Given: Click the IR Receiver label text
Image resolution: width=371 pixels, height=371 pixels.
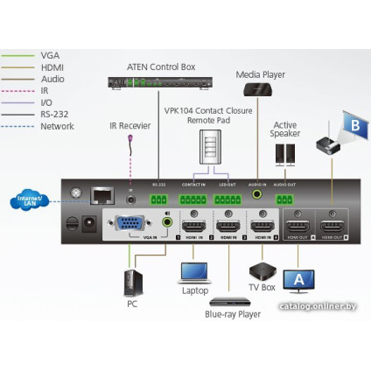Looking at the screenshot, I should (x=130, y=126).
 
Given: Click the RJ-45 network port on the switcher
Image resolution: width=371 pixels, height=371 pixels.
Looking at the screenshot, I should (x=103, y=193).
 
